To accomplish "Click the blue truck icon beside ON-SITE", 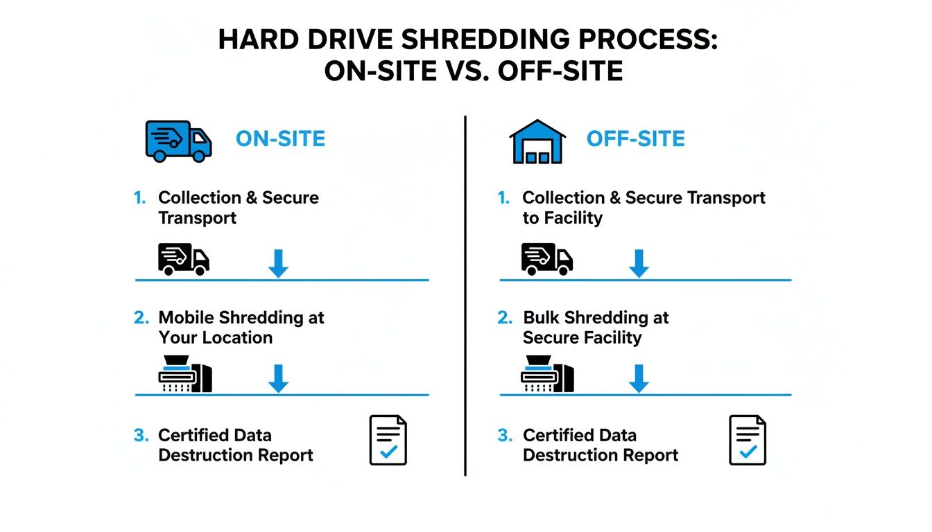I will point(178,140).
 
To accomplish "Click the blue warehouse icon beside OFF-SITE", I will point(537,141).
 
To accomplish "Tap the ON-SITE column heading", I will point(280,139).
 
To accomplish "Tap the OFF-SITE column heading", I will point(635,139).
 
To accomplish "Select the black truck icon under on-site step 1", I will point(184,259).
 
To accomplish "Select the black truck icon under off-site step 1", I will point(547,259).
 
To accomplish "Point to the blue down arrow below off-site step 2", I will point(639,378).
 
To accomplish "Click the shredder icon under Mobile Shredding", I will point(185,374).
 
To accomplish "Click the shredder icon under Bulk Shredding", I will point(547,374).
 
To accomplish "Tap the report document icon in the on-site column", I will point(388,440).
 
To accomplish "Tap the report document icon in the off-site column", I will point(748,440).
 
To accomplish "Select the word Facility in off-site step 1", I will point(572,218).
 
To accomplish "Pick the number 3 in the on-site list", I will point(141,436).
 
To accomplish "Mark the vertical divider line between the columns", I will point(465,298).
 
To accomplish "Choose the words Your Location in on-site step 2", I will point(215,338).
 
